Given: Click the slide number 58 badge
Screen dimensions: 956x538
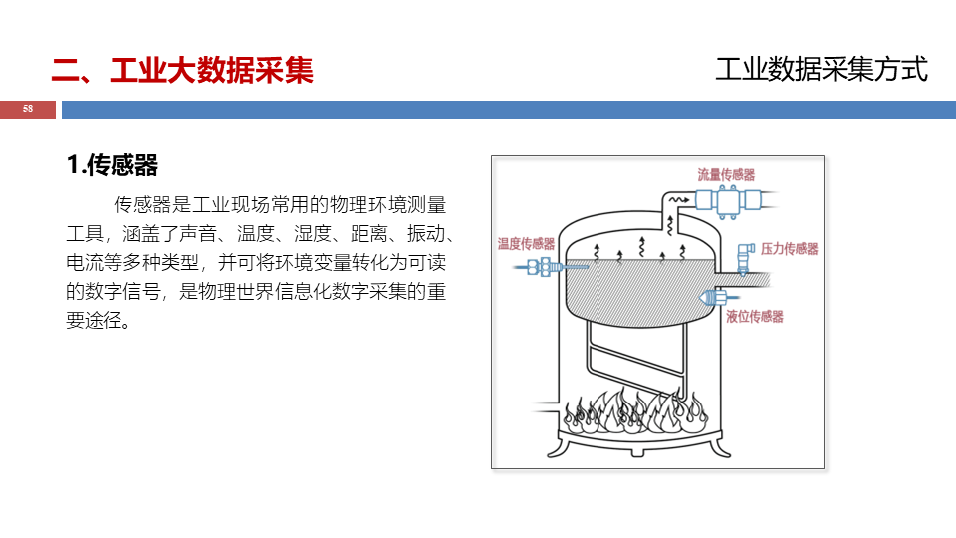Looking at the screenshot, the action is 28,109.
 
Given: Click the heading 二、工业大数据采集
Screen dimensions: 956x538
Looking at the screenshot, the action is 182,70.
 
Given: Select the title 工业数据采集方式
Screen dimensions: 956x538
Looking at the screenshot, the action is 821,69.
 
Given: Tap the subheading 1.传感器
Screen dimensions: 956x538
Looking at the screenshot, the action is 113,165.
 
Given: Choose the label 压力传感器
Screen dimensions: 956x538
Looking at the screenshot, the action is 789,249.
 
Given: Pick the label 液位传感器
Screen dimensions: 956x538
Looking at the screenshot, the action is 754,317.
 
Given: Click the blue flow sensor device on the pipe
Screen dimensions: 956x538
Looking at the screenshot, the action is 727,200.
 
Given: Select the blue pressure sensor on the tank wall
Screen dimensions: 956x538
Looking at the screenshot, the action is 744,256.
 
